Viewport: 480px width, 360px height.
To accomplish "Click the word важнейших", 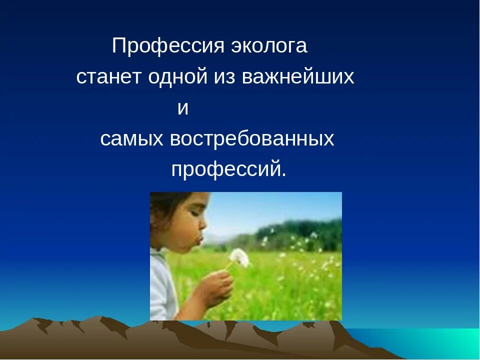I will tap(298, 77).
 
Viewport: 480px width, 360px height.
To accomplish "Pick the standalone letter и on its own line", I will tap(183, 108).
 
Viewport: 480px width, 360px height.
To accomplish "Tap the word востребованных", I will tap(251, 139).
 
